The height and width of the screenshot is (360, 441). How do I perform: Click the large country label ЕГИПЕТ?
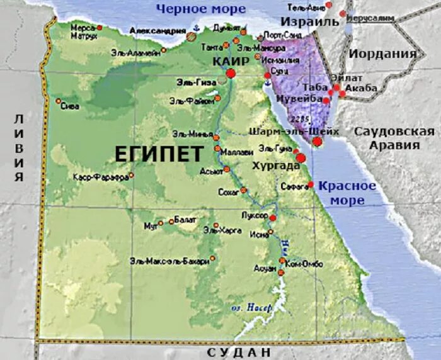click(159, 153)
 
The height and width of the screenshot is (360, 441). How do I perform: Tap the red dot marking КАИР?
click(231, 74)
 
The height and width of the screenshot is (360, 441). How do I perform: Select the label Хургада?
click(275, 166)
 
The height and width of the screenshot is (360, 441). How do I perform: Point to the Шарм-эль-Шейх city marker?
click(318, 142)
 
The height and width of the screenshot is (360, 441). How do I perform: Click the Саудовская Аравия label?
click(394, 138)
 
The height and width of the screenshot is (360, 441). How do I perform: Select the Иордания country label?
click(383, 53)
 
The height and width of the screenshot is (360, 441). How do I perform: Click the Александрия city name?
click(156, 30)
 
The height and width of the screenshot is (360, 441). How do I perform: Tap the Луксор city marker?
click(272, 218)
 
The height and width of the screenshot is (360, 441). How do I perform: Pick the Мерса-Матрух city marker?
click(99, 28)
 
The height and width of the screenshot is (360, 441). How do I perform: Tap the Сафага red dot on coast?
click(311, 184)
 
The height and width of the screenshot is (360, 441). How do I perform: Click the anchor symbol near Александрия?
click(196, 28)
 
